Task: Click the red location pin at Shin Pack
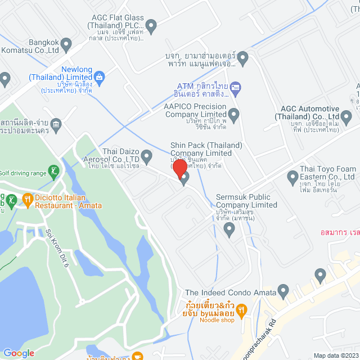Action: pos(179,168)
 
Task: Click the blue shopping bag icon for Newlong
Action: pos(99,77)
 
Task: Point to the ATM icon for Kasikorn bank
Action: pos(236,86)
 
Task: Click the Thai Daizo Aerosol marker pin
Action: pos(147,156)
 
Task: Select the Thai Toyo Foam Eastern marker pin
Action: pos(292,178)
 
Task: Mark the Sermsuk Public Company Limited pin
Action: pos(229,228)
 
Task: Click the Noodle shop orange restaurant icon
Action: pos(241,309)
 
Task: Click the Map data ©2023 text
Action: pos(336,355)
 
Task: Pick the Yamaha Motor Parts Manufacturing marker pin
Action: pos(243,57)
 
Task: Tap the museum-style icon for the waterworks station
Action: pos(56,124)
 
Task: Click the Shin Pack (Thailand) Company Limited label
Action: pos(206,149)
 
